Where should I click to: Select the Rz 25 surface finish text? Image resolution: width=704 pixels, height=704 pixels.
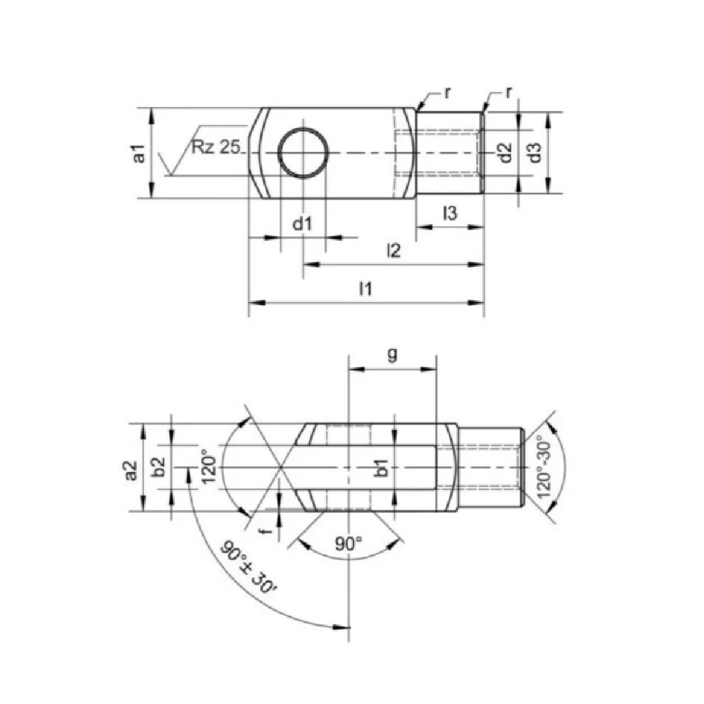coord(216,148)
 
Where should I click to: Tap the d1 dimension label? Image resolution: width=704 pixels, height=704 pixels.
coord(302,224)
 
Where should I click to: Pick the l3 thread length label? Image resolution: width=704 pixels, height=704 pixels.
coord(451,213)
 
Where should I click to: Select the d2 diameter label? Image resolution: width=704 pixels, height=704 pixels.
coord(503,153)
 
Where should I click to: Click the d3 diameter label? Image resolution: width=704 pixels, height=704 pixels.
coord(535,153)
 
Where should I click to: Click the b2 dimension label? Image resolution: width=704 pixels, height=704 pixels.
coord(160,467)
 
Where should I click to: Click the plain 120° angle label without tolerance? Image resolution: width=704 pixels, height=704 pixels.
coord(208,467)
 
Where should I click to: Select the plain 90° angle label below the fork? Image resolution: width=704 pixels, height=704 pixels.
coord(348,543)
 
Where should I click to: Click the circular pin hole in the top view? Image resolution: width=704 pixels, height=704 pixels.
coord(303,153)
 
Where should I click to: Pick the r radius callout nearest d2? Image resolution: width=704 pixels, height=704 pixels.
coord(508,93)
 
